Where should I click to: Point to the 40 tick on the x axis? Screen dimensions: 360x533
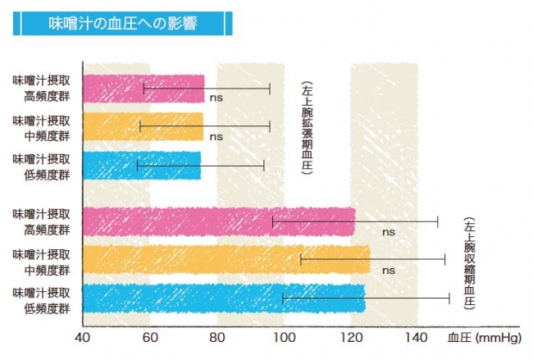click(82, 337)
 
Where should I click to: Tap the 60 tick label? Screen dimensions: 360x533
click(149, 337)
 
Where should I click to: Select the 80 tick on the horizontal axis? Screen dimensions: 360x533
click(216, 337)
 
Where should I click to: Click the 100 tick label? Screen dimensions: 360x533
click(284, 337)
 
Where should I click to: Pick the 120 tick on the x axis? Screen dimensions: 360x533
click(351, 337)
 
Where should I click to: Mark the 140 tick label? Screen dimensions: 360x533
click(418, 337)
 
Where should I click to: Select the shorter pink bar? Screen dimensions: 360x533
click(143, 89)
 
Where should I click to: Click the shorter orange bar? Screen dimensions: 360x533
click(143, 126)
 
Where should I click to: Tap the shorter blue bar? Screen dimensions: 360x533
click(141, 165)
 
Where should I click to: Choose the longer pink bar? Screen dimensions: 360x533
click(218, 221)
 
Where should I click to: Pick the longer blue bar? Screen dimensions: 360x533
click(223, 298)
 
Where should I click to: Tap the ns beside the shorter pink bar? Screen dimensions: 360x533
click(216, 98)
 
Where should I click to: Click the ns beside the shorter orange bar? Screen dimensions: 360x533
click(216, 136)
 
